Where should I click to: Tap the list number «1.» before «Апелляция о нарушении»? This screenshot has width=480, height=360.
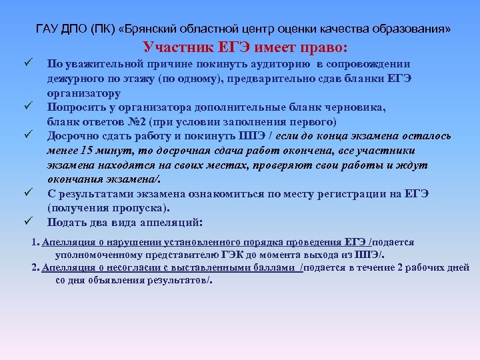pos(36,243)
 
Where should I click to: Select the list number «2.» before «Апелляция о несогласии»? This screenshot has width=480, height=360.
pos(36,267)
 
